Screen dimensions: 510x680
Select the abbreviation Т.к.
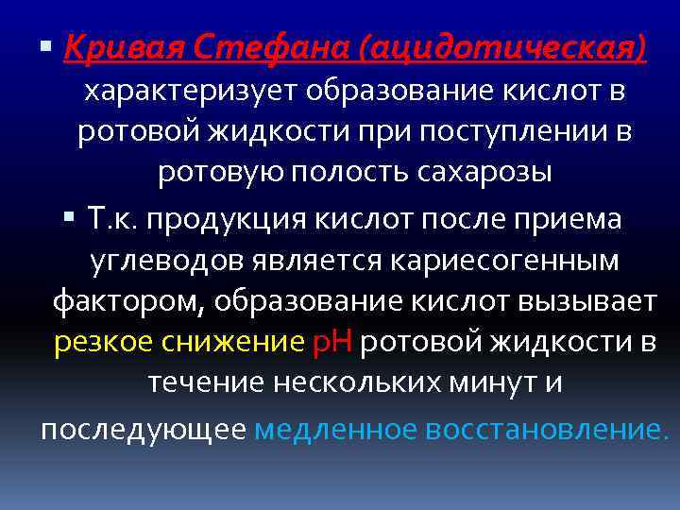112,219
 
